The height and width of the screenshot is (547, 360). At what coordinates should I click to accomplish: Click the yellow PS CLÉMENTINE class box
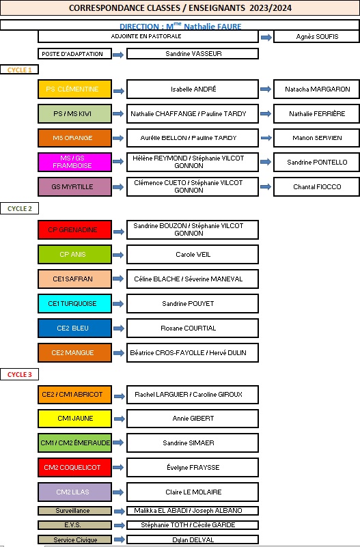[x=74, y=89]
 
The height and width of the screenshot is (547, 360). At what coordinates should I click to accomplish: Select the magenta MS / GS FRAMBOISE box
[x=74, y=162]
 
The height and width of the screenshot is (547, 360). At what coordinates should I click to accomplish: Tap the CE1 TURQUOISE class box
[x=74, y=303]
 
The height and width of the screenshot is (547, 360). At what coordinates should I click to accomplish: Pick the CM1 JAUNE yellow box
[x=74, y=418]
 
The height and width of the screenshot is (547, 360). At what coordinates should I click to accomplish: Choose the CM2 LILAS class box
[x=74, y=492]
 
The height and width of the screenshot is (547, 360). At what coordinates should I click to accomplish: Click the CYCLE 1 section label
[x=19, y=70]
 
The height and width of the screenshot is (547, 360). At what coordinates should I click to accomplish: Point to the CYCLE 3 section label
[x=19, y=374]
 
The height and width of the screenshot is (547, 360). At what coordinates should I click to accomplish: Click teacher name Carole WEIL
[x=193, y=254]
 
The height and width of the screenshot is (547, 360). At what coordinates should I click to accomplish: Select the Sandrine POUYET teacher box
[x=193, y=303]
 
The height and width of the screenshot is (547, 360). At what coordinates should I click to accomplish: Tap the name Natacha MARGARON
[x=318, y=89]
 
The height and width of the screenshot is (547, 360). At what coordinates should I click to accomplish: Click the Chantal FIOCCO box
[x=316, y=186]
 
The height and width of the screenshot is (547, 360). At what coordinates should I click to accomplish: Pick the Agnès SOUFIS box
[x=316, y=36]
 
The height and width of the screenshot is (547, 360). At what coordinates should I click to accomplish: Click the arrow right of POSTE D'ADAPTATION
[x=118, y=55]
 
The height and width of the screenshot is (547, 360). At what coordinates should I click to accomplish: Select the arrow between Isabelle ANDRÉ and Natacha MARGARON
[x=266, y=89]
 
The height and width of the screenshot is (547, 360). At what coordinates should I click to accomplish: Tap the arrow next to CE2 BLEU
[x=119, y=328]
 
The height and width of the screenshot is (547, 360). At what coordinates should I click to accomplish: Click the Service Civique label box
[x=74, y=539]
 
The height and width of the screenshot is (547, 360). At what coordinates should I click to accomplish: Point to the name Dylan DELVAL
[x=193, y=539]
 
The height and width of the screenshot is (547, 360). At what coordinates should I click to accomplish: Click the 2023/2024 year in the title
[x=271, y=8]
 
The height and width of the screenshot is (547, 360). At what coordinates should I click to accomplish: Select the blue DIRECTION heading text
[x=180, y=26]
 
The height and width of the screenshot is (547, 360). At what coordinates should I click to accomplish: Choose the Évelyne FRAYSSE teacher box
[x=193, y=468]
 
